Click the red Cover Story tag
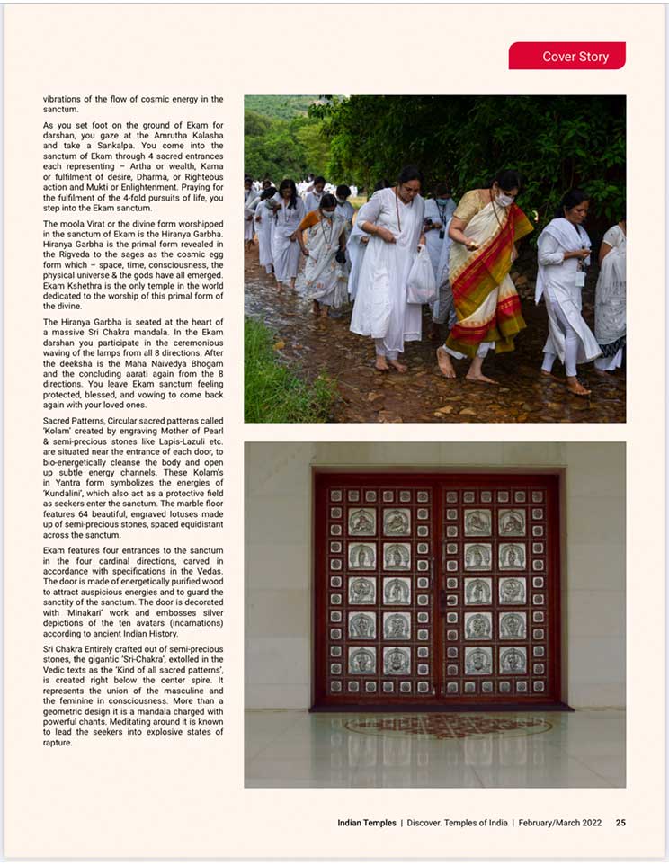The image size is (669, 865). point(566,56)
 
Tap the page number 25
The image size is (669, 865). point(620,823)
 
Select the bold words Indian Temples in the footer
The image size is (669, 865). point(367,823)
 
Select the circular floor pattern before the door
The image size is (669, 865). point(447,726)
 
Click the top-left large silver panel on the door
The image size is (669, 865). point(361,522)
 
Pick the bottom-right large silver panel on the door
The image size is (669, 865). point(513,660)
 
